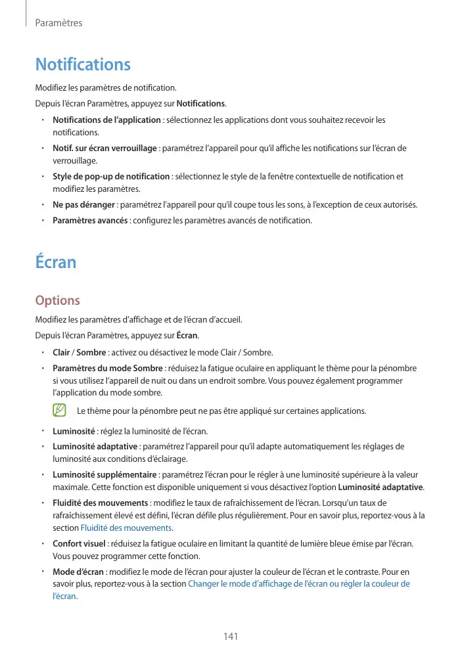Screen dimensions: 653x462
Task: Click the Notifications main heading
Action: pyautogui.click(x=83, y=64)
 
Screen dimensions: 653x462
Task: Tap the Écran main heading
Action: pyautogui.click(x=56, y=261)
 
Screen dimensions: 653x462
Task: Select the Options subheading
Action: pyautogui.click(x=57, y=300)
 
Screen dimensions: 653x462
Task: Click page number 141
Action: pyautogui.click(x=230, y=637)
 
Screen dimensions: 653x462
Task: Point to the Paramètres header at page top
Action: pyautogui.click(x=58, y=23)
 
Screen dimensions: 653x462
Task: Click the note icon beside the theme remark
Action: pyautogui.click(x=60, y=411)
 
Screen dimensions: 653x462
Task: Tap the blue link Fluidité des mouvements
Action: pyautogui.click(x=126, y=528)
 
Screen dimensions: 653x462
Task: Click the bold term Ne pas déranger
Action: pyautogui.click(x=83, y=205)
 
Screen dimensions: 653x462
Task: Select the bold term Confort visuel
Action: pyautogui.click(x=79, y=545)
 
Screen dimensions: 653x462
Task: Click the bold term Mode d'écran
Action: pyautogui.click(x=78, y=572)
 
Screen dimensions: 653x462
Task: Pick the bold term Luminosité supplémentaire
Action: pyautogui.click(x=104, y=474)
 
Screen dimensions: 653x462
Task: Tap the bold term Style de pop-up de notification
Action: pyautogui.click(x=111, y=176)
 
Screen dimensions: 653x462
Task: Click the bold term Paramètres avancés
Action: pyautogui.click(x=90, y=220)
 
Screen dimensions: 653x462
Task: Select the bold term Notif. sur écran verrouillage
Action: pyautogui.click(x=104, y=148)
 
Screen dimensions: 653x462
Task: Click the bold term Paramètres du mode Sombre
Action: pyautogui.click(x=108, y=368)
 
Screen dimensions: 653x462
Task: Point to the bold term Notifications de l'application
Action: pyautogui.click(x=106, y=120)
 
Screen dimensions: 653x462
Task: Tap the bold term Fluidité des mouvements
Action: pyautogui.click(x=100, y=503)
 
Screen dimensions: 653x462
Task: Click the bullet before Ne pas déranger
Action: pyautogui.click(x=43, y=205)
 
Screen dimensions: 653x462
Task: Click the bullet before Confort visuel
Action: pyautogui.click(x=43, y=545)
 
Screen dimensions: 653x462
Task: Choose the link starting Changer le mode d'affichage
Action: pyautogui.click(x=299, y=583)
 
